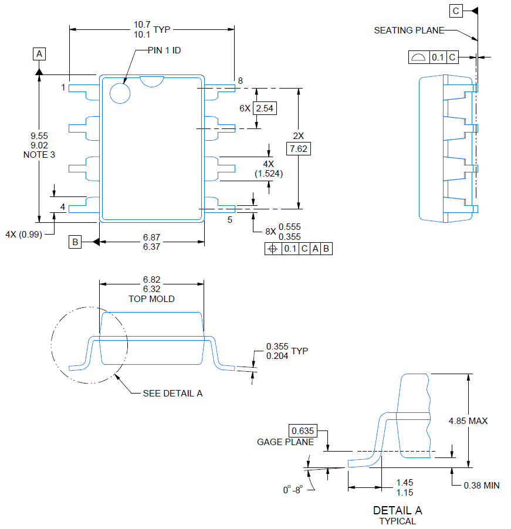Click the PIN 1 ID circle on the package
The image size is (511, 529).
120,93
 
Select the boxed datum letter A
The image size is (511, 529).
39,54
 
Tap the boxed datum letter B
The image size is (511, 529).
75,242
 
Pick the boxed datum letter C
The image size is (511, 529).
456,11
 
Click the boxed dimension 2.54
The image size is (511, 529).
266,108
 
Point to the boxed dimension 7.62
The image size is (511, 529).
299,148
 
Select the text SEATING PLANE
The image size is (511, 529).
409,30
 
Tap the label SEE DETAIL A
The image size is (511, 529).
172,393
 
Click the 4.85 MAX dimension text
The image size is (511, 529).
468,421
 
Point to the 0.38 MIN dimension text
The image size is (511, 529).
482,485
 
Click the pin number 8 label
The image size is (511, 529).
240,80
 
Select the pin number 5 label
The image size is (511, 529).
230,220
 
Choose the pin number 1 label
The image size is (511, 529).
63,88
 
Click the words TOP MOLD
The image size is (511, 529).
151,299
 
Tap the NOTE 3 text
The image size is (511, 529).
39,155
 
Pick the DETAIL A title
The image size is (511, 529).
397,510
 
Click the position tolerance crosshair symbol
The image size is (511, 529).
272,249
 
